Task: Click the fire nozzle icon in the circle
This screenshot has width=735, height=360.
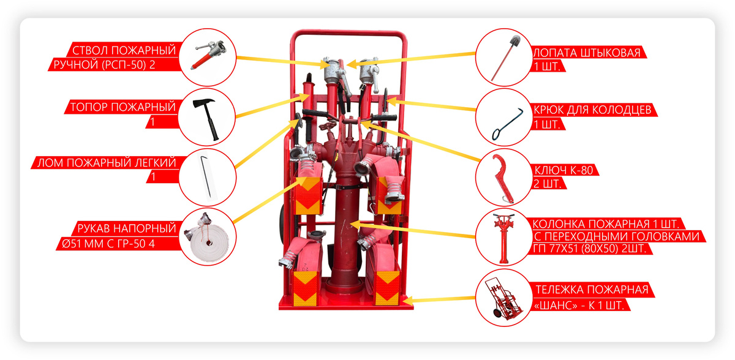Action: [x=209, y=54]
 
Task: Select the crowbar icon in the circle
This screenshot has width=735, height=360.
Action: [x=206, y=178]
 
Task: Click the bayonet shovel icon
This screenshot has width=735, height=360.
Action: [x=505, y=58]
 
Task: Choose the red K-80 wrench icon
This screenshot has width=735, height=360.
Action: [x=503, y=179]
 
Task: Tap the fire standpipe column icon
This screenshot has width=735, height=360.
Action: [x=503, y=238]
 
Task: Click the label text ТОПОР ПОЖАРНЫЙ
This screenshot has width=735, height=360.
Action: [x=123, y=107]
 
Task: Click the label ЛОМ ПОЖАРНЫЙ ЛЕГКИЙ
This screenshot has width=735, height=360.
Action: [x=107, y=163]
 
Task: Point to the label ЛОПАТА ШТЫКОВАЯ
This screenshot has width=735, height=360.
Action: [x=587, y=53]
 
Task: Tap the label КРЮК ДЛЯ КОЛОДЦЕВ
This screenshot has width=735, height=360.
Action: [x=592, y=110]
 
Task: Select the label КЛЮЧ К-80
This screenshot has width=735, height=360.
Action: [x=563, y=170]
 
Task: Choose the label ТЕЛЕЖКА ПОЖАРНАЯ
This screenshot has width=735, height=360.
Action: [x=592, y=290]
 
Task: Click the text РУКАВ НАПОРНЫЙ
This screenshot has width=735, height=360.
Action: [x=127, y=228]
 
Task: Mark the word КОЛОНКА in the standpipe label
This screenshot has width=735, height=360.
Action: [x=559, y=224]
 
